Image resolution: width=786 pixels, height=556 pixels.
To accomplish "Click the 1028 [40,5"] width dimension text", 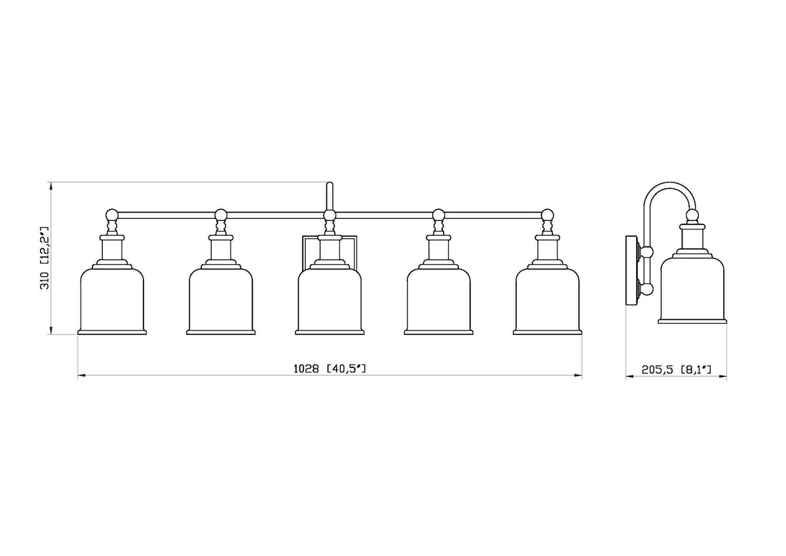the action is [329, 368].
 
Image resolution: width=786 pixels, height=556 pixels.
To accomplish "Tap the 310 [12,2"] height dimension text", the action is [45, 258].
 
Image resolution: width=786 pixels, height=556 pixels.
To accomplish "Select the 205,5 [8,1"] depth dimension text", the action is [677, 370].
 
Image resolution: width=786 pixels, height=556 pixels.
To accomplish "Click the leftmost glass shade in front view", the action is [112, 302].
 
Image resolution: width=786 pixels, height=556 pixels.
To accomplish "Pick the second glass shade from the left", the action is [221, 302].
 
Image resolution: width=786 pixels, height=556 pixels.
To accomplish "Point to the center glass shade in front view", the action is [330, 302].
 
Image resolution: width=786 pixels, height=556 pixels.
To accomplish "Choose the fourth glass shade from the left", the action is [439, 302].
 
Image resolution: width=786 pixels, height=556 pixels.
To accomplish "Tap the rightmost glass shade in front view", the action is [548, 302].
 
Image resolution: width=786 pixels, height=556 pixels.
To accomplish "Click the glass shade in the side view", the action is [692, 290].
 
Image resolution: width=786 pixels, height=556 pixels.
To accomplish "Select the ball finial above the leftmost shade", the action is [112, 214].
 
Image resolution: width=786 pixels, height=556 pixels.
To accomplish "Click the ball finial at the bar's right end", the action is [548, 214].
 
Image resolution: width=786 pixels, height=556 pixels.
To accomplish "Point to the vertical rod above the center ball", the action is [329, 196].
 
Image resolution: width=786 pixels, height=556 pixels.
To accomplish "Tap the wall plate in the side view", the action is [632, 271].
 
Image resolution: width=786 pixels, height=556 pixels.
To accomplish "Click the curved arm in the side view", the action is [669, 184].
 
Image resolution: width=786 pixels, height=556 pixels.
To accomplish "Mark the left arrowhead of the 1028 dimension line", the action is [81, 376].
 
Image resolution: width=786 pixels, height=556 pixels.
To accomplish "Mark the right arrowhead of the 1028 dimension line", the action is [578, 376].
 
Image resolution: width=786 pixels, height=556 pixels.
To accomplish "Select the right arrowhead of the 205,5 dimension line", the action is [722, 377].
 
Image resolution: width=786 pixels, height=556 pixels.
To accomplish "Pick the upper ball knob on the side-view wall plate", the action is [647, 252].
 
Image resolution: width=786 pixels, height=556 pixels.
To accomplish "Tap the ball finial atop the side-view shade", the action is [692, 215].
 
